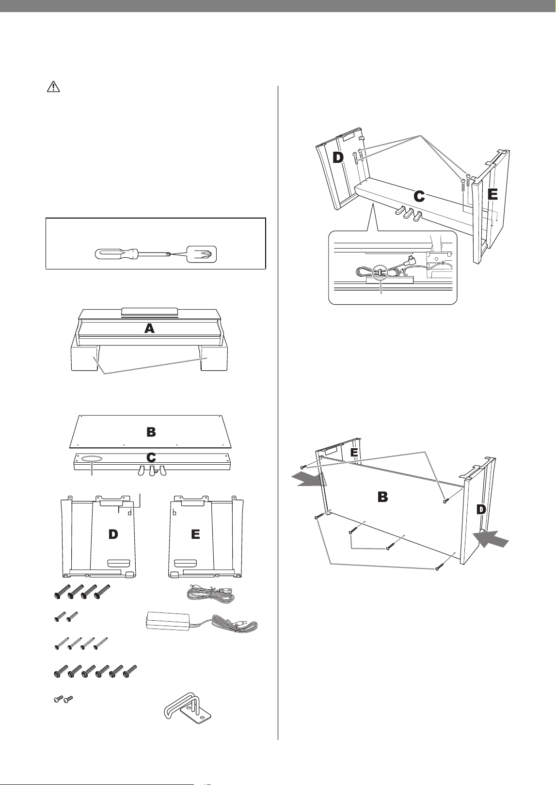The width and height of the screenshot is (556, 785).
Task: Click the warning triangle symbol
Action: point(53,87)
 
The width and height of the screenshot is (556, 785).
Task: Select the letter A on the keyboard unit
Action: point(149,329)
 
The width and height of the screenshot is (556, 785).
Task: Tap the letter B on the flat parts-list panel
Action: point(151,432)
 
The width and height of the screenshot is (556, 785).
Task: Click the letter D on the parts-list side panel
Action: point(113,534)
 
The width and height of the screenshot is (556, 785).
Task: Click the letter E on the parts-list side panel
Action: point(195,534)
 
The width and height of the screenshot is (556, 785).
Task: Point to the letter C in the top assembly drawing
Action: point(419,197)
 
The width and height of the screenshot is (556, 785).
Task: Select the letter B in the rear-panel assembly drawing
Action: point(382,497)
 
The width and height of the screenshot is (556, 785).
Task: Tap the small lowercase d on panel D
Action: point(130,513)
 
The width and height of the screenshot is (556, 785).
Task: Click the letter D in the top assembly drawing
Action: point(338,158)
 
